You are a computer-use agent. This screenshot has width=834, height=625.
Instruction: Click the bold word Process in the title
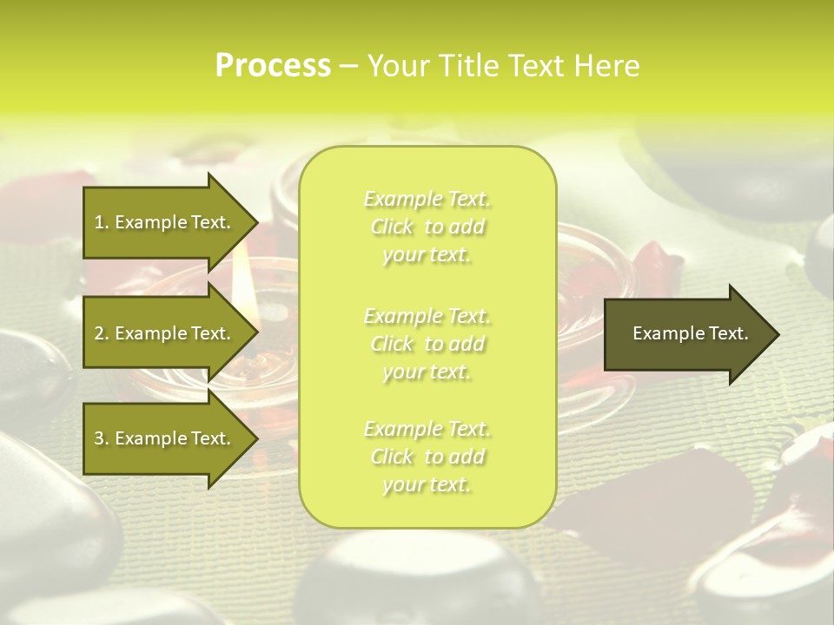[273, 66]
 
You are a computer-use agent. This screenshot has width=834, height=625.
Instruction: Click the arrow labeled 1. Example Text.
[165, 222]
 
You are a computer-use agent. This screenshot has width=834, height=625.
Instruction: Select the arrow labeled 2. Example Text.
[165, 333]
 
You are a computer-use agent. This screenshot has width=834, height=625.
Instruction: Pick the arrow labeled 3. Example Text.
[165, 438]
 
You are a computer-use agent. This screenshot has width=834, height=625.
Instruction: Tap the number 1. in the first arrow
[102, 222]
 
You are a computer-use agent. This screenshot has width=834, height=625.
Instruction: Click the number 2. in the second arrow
[102, 333]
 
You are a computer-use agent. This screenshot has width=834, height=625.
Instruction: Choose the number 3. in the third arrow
[102, 438]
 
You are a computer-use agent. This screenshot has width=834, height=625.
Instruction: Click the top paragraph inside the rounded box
[427, 227]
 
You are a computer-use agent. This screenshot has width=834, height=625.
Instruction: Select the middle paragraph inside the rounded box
[427, 344]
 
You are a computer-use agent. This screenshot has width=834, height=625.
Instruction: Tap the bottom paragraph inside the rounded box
[427, 457]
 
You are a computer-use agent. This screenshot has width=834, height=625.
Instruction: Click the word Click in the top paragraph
[393, 227]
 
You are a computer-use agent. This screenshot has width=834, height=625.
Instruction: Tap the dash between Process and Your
[348, 67]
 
